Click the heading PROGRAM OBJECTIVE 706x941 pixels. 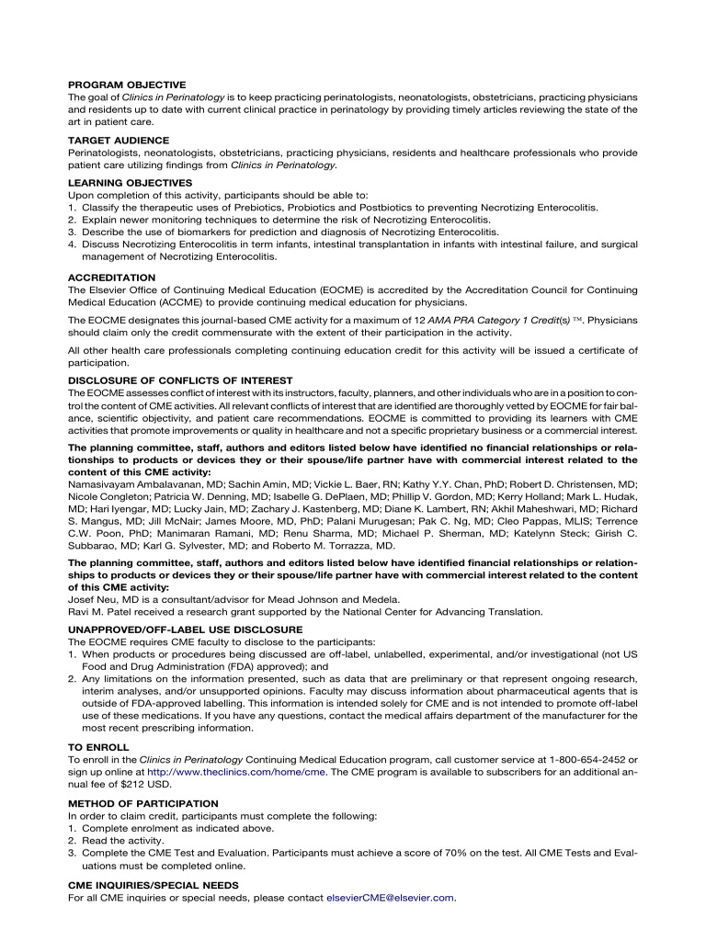pos(127,85)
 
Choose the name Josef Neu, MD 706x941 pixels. pos(104,600)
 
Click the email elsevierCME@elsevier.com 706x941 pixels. pos(391,897)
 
